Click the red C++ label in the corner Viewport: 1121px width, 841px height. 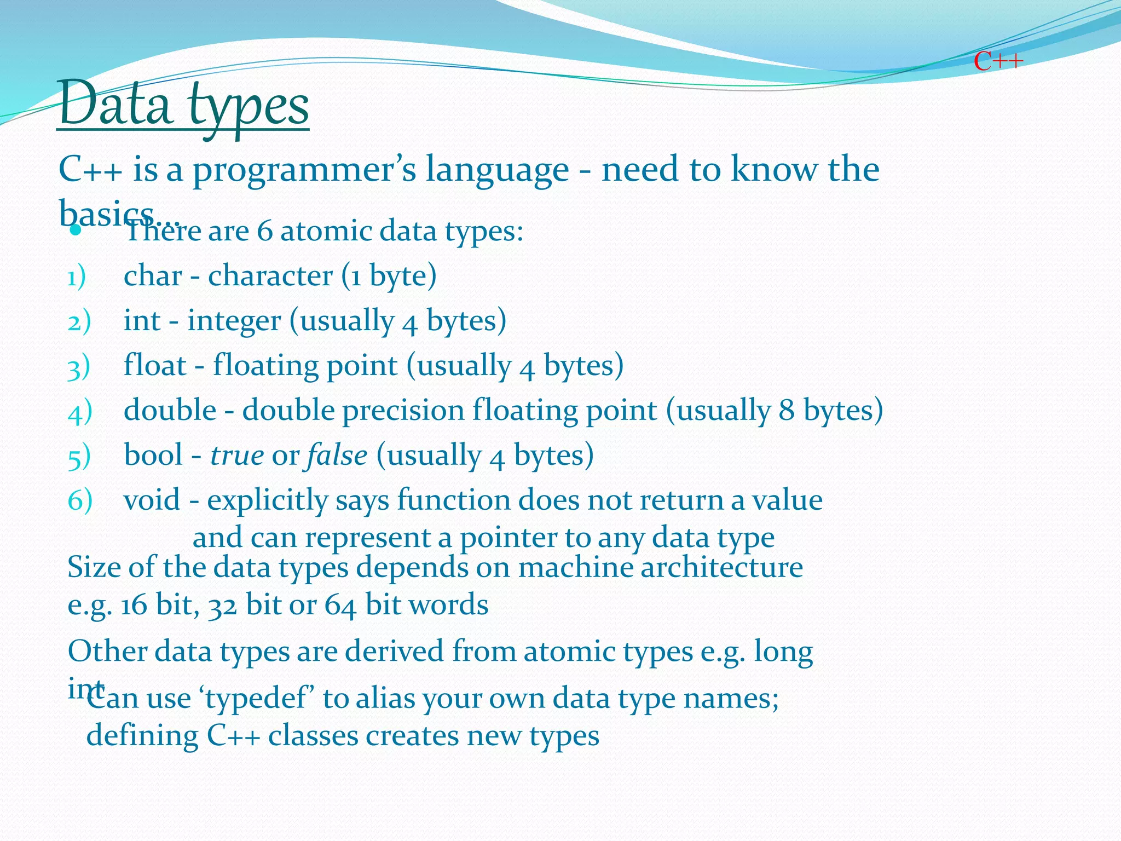click(998, 61)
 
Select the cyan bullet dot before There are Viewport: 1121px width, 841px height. click(76, 231)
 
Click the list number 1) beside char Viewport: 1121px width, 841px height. click(77, 277)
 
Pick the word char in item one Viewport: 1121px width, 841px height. click(153, 275)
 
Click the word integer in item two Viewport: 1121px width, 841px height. click(234, 321)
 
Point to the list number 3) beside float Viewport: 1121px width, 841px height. click(79, 367)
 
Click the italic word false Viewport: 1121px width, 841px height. click(337, 455)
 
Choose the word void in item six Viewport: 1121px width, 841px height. click(152, 500)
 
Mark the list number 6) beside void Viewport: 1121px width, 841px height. click(80, 500)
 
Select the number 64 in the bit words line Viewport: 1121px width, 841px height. click(340, 606)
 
